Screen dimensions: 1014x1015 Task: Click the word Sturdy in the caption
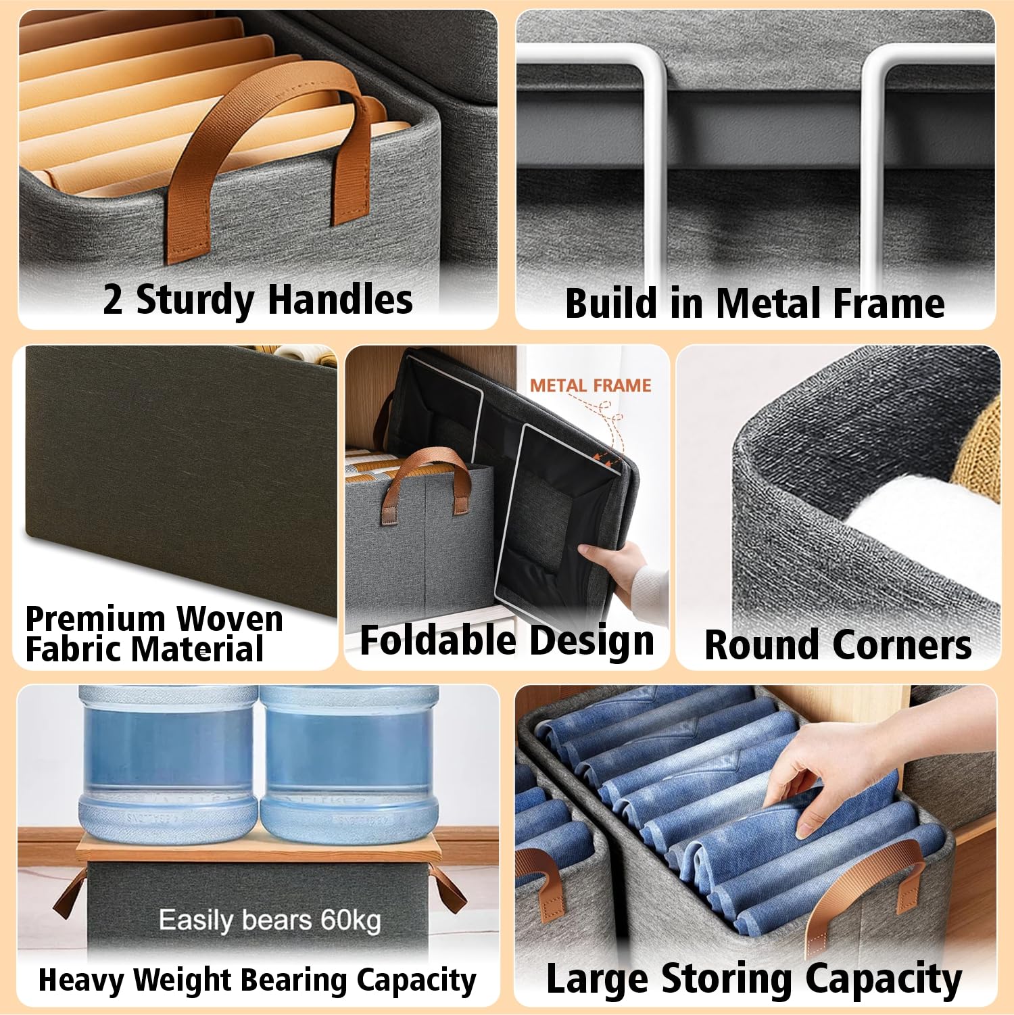tap(195, 300)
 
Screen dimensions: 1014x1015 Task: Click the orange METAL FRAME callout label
tap(590, 385)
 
